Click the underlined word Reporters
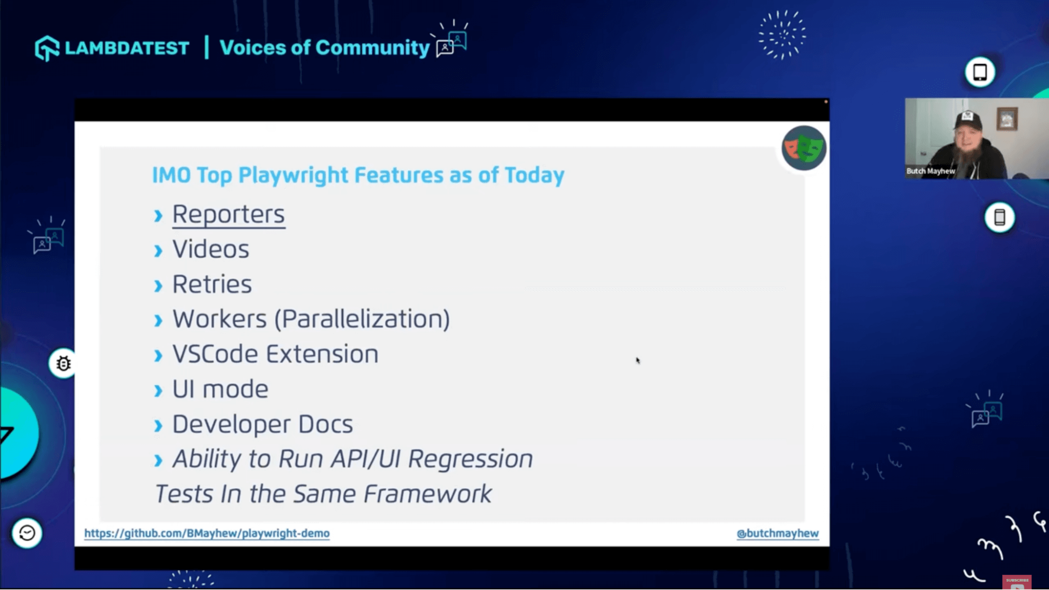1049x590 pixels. pos(228,214)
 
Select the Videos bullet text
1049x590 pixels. pos(210,249)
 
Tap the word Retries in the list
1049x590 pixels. pos(212,284)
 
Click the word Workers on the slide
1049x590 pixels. pos(219,319)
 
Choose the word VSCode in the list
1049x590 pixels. pos(215,354)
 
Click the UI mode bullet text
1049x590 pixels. pos(220,389)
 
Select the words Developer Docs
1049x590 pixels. pos(262,424)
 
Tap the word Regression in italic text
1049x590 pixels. pos(470,459)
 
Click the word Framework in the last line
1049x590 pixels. pos(427,494)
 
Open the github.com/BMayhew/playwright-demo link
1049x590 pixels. pos(207,533)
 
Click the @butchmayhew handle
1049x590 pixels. pos(777,533)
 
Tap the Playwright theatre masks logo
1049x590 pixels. pos(803,148)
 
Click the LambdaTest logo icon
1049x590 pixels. pos(47,48)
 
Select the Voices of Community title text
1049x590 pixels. pos(324,48)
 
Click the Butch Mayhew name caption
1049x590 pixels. pos(930,171)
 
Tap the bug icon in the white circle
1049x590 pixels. pos(63,363)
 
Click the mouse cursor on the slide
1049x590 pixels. pos(638,361)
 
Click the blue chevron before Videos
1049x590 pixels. pos(158,251)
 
